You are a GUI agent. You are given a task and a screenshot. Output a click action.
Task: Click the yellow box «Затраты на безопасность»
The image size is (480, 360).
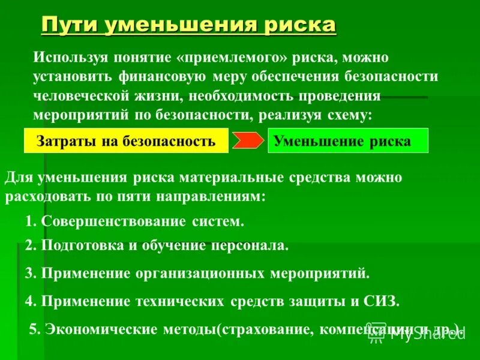point(126,142)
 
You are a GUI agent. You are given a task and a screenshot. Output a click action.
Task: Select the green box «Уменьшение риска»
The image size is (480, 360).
point(348,142)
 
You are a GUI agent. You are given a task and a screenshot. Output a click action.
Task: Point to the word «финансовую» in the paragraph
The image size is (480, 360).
point(163,77)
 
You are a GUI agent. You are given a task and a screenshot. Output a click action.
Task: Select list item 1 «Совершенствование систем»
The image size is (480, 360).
point(135,221)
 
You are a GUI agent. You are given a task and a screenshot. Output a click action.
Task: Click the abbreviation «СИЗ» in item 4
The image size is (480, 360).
point(380,301)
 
